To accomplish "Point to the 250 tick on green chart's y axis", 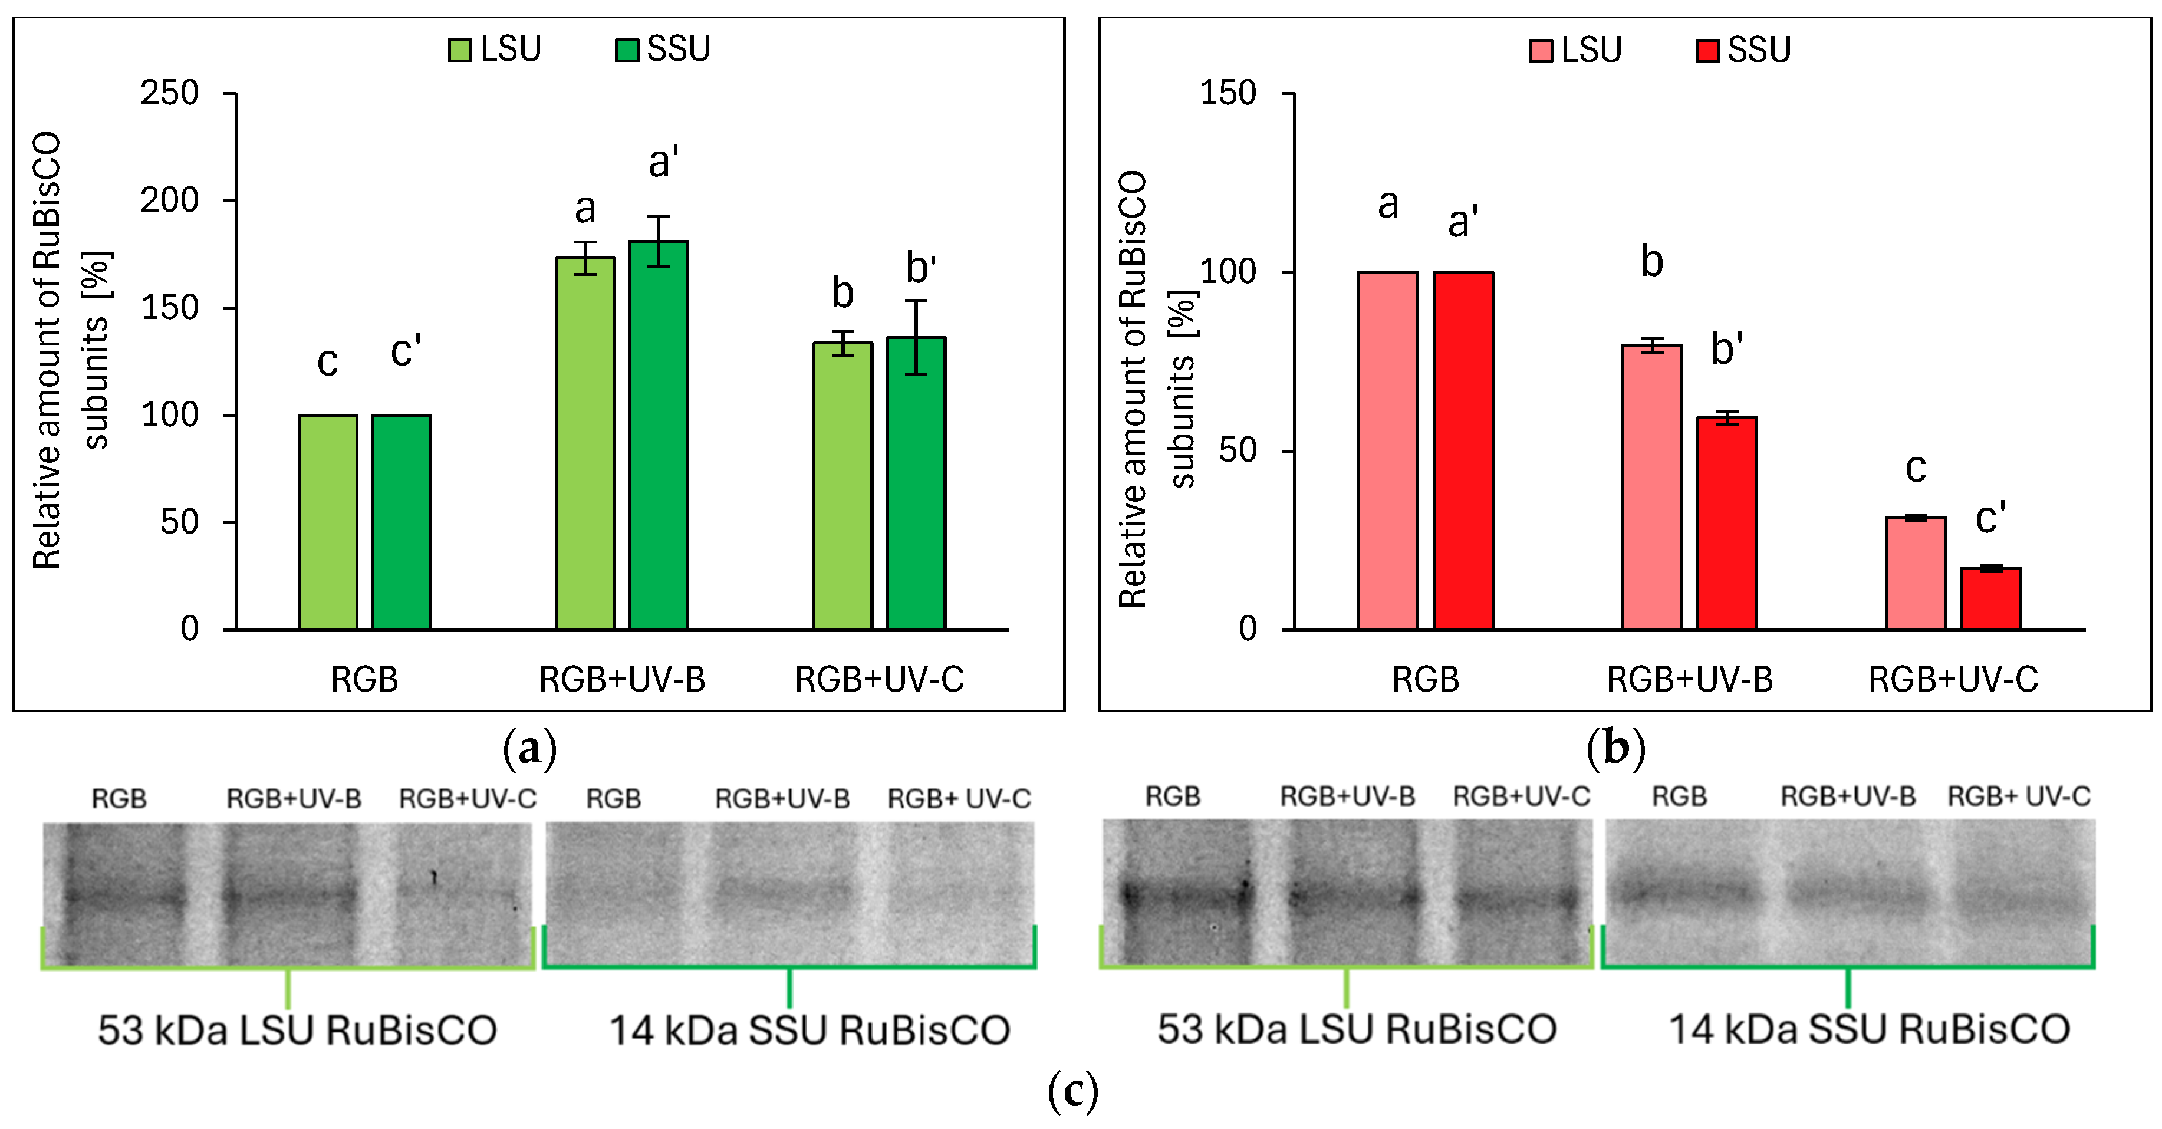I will click(170, 93).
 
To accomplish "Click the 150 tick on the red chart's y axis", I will click(1228, 93).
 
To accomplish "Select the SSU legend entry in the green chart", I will click(663, 49).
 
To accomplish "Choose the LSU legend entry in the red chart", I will click(1575, 50).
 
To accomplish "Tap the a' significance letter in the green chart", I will click(663, 162).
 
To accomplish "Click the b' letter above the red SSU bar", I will click(1726, 349).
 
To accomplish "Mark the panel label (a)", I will click(529, 747).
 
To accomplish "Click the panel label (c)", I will click(1072, 1091).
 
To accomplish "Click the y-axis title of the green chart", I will click(71, 350).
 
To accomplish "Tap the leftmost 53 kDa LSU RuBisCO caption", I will click(297, 1030).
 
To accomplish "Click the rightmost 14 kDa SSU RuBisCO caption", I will click(1869, 1030).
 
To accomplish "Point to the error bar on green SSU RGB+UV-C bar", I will click(916, 337).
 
